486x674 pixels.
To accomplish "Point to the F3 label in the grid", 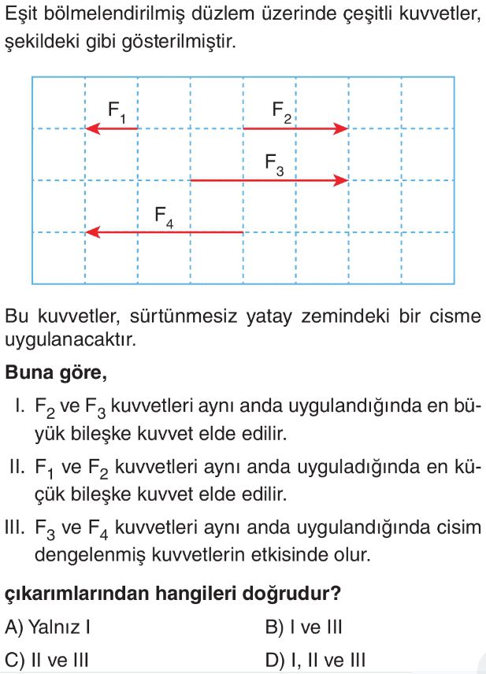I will tap(275, 164).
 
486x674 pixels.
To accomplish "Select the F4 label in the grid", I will tap(164, 216).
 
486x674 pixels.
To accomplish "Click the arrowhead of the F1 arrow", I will tap(91, 128).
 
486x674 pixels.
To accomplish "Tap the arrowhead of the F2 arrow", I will tap(341, 128).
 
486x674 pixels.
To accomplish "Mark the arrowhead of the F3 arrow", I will tap(341, 180).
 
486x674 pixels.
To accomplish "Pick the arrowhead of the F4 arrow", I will tap(91, 232).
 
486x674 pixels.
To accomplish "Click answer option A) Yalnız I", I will tap(50, 628).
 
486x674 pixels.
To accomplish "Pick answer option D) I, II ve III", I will tap(316, 659).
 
